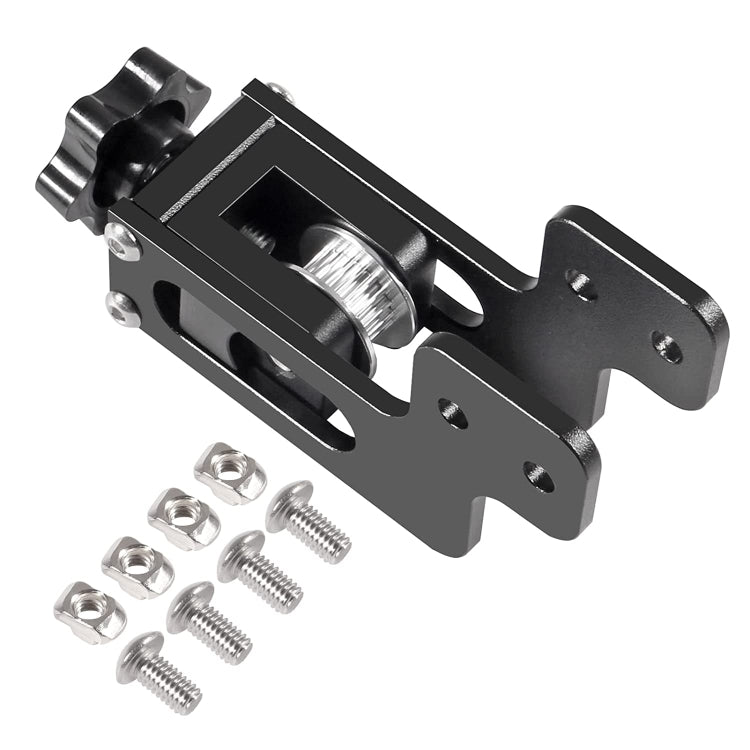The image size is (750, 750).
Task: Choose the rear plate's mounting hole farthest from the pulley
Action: (667, 347)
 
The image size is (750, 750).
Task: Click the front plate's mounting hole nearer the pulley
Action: (452, 411)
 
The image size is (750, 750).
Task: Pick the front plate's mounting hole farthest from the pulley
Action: (539, 476)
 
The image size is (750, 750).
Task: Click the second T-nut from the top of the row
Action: (184, 517)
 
